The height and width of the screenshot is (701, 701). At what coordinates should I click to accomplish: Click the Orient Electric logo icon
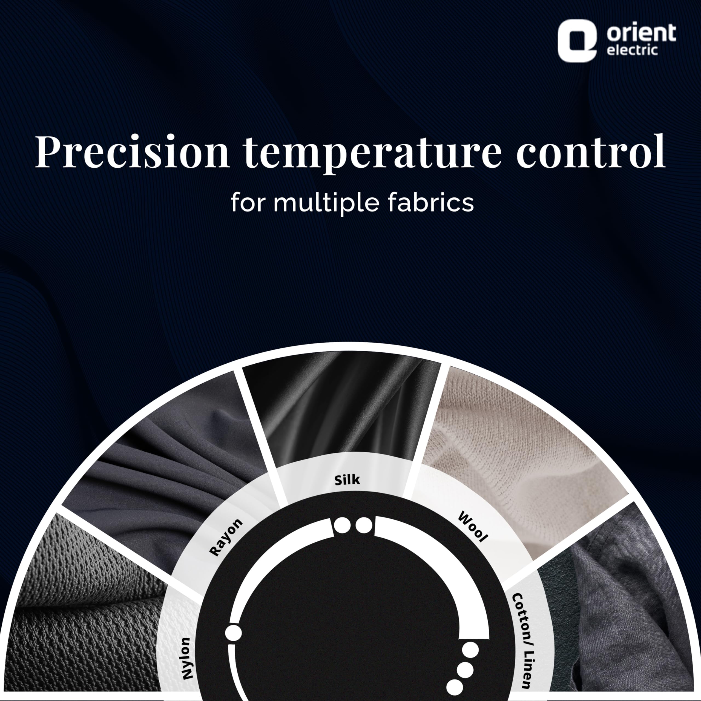577,41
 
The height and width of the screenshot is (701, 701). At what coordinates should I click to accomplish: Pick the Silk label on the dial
347,480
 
